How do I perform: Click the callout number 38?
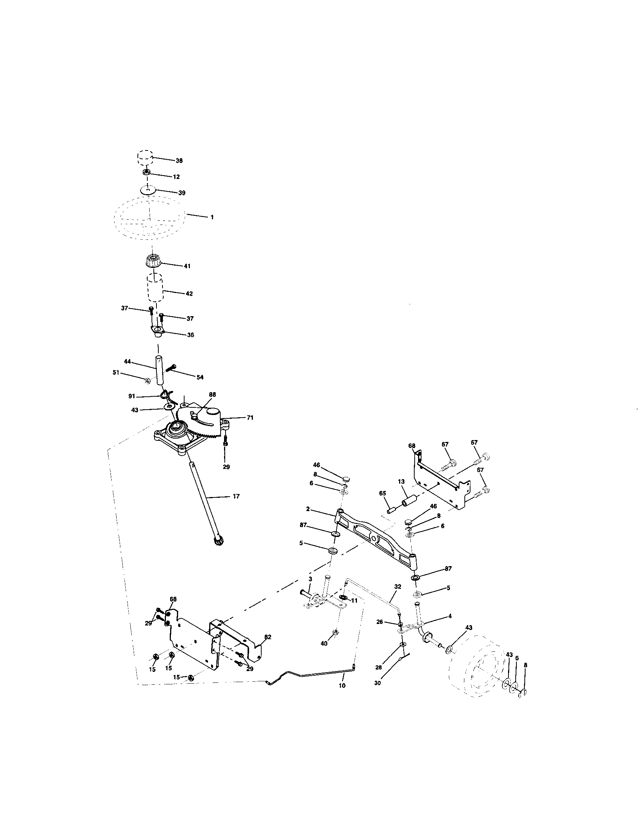pyautogui.click(x=179, y=161)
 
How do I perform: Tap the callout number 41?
pyautogui.click(x=186, y=266)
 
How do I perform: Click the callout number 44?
pyautogui.click(x=127, y=361)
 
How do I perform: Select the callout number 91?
pyautogui.click(x=132, y=396)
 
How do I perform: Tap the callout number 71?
pyautogui.click(x=250, y=418)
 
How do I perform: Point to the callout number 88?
pyautogui.click(x=213, y=394)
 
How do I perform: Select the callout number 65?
pyautogui.click(x=382, y=494)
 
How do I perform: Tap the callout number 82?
pyautogui.click(x=268, y=637)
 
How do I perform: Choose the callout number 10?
pyautogui.click(x=342, y=686)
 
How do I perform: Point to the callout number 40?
pyautogui.click(x=324, y=644)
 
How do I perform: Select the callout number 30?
pyautogui.click(x=377, y=683)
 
